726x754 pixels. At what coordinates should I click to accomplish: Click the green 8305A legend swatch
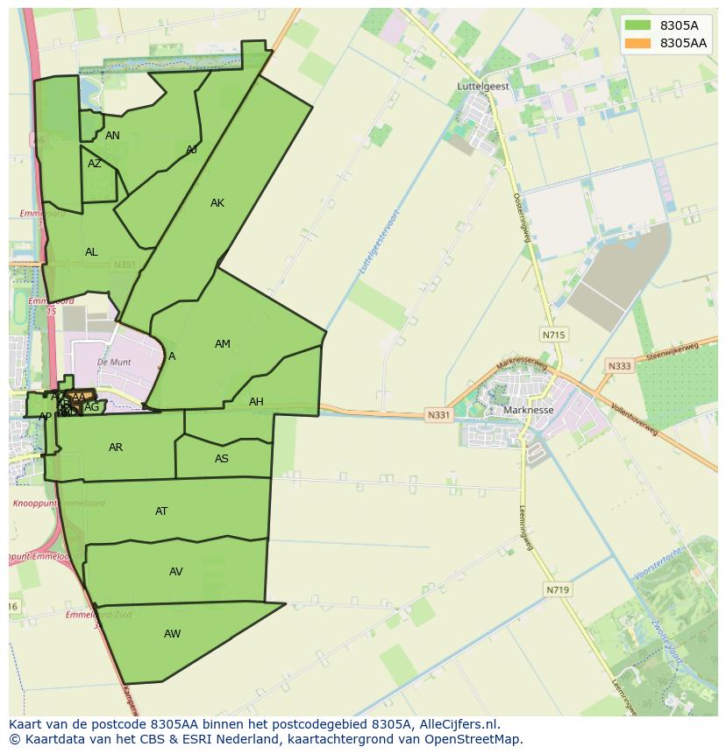pos(637,25)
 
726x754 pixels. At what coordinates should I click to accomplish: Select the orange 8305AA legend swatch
pos(637,43)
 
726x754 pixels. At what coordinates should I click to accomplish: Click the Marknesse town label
pos(529,410)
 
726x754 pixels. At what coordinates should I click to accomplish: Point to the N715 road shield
pos(553,335)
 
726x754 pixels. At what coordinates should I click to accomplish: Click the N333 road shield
pos(619,366)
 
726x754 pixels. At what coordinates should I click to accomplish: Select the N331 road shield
pos(438,414)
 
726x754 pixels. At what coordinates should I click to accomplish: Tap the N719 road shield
pos(558,590)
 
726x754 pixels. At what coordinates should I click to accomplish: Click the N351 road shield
pos(125,264)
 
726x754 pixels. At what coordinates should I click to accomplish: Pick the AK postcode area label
pos(217,203)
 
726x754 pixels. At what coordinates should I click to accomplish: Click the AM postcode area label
pos(223,344)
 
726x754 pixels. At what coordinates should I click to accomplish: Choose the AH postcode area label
pos(256,402)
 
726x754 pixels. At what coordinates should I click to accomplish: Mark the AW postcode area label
pos(172,634)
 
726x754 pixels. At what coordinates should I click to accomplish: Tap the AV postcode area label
pos(176,572)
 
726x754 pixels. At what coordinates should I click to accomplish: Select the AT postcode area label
pos(161,511)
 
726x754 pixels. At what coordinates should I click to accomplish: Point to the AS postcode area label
pos(222,459)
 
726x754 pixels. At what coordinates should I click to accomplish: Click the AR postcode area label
pos(116,447)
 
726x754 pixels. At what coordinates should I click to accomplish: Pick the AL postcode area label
pos(91,252)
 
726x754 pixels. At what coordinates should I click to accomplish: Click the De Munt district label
pos(114,362)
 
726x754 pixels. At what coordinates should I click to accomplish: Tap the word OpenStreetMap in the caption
pos(473,739)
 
